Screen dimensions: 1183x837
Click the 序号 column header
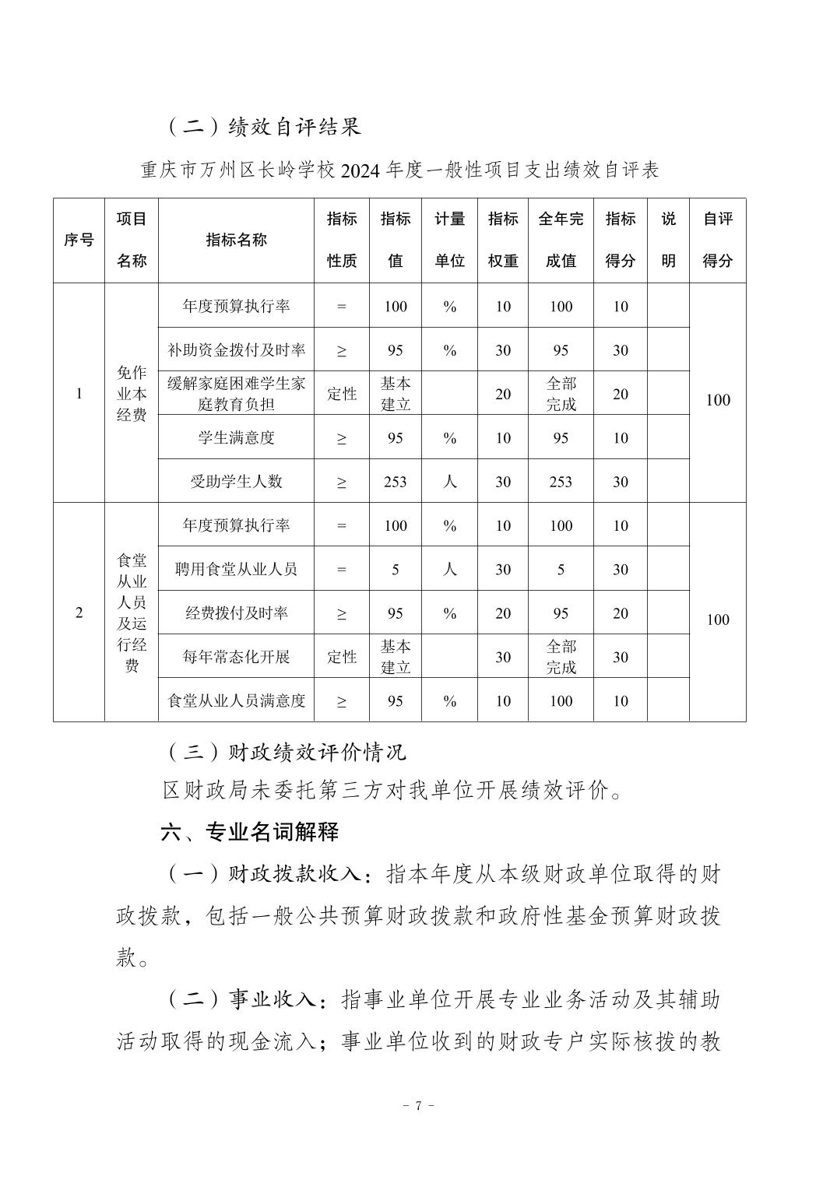[79, 240]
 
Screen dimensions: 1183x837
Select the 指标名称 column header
[236, 240]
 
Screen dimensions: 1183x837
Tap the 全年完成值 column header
[561, 240]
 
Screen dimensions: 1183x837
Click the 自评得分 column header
[717, 240]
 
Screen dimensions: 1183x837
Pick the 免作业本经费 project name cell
[132, 393]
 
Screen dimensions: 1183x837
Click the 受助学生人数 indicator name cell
[236, 481]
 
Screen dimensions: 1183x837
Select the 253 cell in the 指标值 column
[396, 482]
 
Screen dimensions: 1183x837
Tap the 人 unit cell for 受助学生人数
[449, 482]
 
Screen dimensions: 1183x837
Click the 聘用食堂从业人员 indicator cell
[236, 569]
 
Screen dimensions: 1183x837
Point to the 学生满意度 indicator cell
[236, 437]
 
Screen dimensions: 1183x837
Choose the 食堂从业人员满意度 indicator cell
[236, 700]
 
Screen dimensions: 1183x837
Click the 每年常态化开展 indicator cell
[236, 657]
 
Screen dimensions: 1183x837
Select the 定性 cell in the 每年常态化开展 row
[341, 657]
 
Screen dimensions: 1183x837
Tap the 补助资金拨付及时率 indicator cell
[236, 350]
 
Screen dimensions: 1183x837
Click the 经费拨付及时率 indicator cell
[236, 613]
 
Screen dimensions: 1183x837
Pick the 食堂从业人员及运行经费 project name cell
[132, 613]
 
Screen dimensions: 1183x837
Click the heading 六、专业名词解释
[249, 832]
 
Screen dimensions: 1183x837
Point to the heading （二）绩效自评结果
[264, 126]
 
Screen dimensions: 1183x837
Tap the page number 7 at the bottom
[418, 1105]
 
